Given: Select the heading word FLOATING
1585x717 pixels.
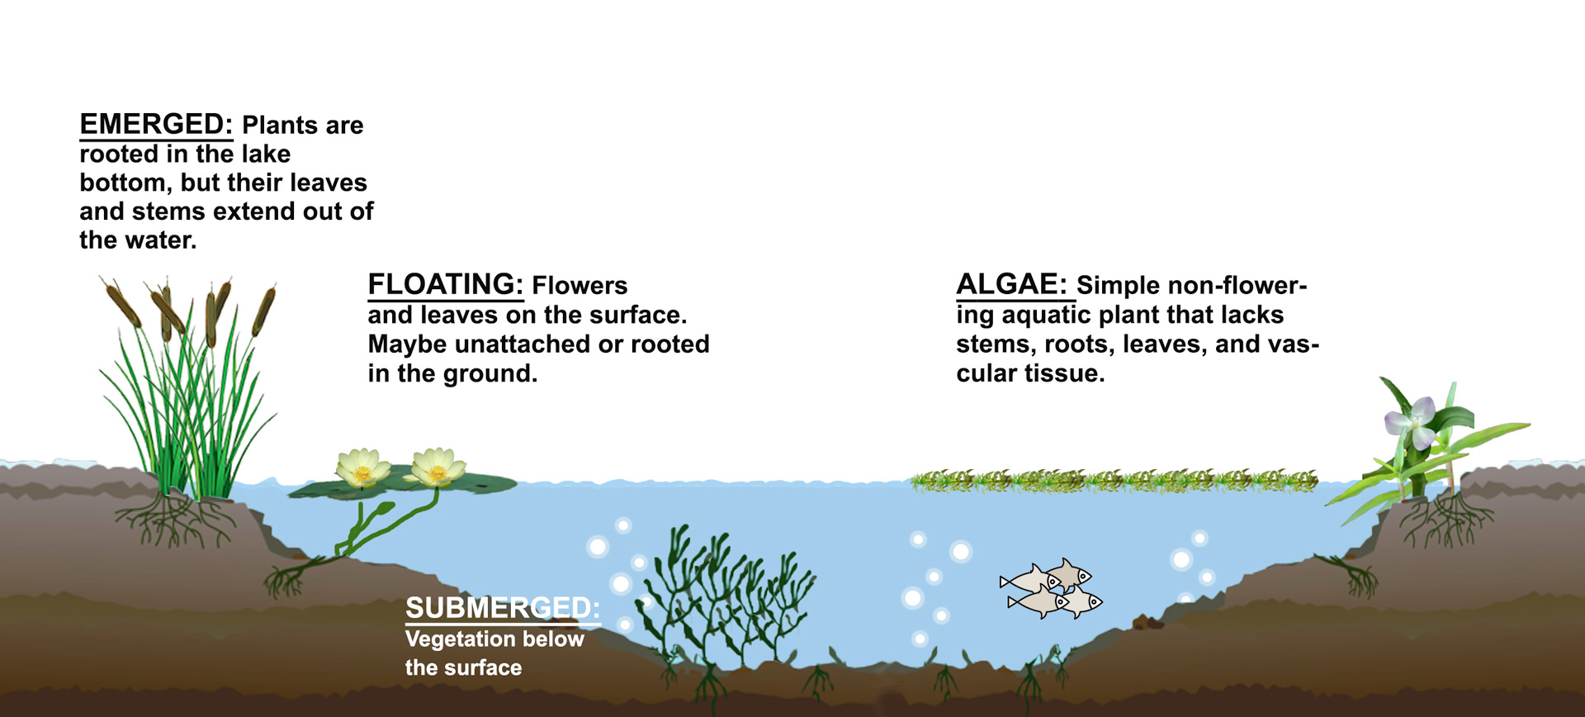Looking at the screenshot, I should click(445, 285).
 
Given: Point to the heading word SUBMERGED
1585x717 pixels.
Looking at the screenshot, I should click(502, 608).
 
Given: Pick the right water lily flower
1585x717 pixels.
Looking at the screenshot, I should click(438, 467).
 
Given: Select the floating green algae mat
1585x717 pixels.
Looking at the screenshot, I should click(1114, 480).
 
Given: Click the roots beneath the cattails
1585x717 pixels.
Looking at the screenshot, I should click(177, 520).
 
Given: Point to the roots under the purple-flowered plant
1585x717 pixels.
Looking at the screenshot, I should click(1445, 520).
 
